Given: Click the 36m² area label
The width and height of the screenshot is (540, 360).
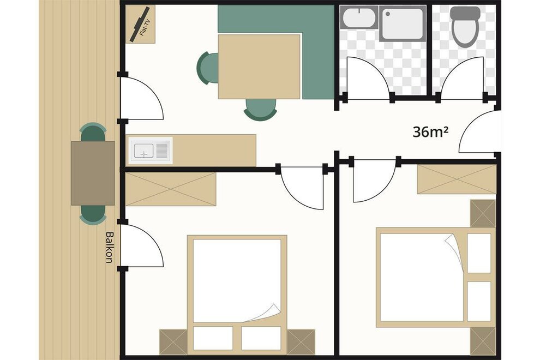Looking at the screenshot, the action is pyautogui.click(x=430, y=131).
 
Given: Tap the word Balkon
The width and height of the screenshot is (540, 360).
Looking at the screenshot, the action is pyautogui.click(x=109, y=247).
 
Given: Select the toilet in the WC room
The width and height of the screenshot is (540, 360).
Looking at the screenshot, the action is pyautogui.click(x=465, y=27).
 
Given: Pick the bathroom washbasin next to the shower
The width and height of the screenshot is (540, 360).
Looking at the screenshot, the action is pyautogui.click(x=359, y=17).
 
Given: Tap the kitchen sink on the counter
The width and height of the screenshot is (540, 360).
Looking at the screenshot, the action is pyautogui.click(x=151, y=151).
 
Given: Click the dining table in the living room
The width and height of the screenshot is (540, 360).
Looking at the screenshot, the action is pyautogui.click(x=259, y=67).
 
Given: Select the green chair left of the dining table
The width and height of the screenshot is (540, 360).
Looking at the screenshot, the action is pyautogui.click(x=207, y=68).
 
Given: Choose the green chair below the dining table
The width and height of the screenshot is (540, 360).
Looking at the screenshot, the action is pyautogui.click(x=260, y=110).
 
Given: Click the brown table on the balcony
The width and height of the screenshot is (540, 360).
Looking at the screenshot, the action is pyautogui.click(x=93, y=173).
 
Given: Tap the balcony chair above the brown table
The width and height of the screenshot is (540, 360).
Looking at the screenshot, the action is pyautogui.click(x=93, y=131).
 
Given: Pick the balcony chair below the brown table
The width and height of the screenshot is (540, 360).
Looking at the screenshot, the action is pyautogui.click(x=93, y=215).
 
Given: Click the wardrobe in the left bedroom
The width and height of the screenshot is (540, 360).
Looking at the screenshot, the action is pyautogui.click(x=171, y=189).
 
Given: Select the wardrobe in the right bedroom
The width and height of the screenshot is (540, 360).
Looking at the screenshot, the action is pyautogui.click(x=457, y=179).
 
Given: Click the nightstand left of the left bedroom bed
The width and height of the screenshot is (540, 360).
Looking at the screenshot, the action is pyautogui.click(x=173, y=342).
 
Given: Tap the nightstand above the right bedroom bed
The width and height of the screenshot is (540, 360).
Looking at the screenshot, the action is pyautogui.click(x=483, y=213).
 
